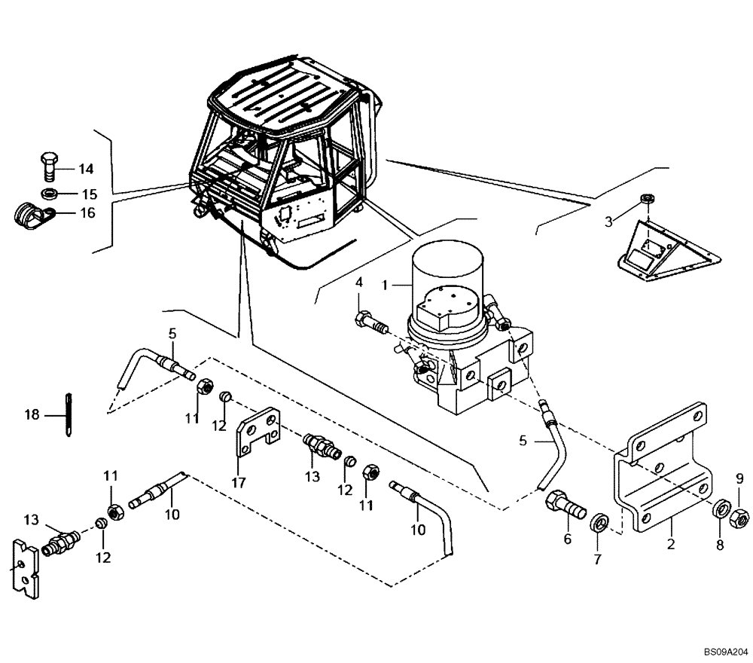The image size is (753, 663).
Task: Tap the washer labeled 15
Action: point(50,194)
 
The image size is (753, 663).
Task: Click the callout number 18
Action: point(31,414)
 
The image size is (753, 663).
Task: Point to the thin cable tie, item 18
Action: point(69,414)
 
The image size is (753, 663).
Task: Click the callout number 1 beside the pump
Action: point(384,286)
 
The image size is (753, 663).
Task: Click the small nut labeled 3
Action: point(645,200)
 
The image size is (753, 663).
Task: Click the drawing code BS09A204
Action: point(726,649)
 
